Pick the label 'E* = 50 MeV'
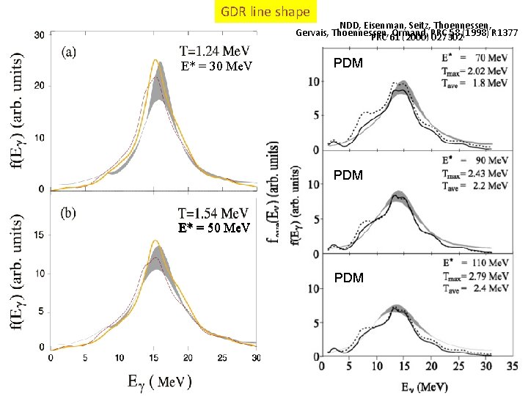216,227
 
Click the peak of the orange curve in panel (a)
155,60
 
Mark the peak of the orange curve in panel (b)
155,241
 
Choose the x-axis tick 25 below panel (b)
221,358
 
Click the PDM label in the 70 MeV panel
348,64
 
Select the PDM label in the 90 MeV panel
348,175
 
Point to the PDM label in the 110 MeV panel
348,278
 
